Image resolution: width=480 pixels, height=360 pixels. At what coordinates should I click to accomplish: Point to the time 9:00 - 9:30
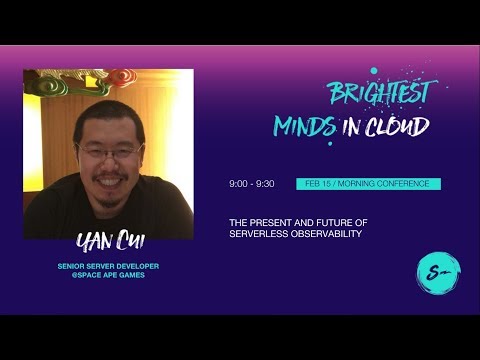(x=251, y=185)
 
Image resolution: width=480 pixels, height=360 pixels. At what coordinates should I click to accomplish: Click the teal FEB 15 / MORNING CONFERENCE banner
(x=368, y=185)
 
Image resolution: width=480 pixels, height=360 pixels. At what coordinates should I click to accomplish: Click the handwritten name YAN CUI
(x=107, y=244)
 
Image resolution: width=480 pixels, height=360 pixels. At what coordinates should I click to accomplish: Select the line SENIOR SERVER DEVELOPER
(x=107, y=266)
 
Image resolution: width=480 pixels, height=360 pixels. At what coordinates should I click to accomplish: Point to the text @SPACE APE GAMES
(x=107, y=275)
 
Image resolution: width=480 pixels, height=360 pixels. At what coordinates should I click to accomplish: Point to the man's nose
(x=108, y=164)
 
